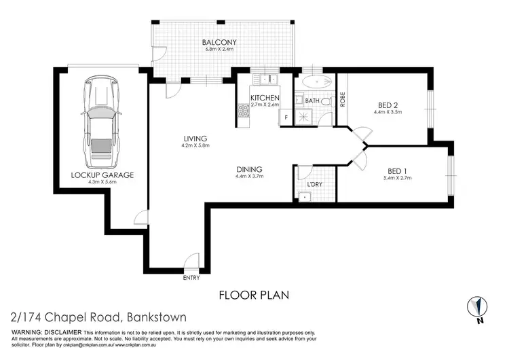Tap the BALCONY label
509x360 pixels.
pos(219,43)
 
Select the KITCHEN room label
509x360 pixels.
pos(265,98)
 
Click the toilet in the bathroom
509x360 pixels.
pos(326,103)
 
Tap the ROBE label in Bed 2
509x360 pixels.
pos(343,100)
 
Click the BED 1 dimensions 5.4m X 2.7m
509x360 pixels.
pos(396,178)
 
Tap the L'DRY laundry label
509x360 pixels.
pos(314,185)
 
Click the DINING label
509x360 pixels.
pos(249,169)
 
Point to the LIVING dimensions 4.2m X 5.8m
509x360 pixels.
pos(195,145)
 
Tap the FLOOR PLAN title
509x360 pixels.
pos(254,295)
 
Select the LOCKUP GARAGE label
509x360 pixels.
pos(102,175)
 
